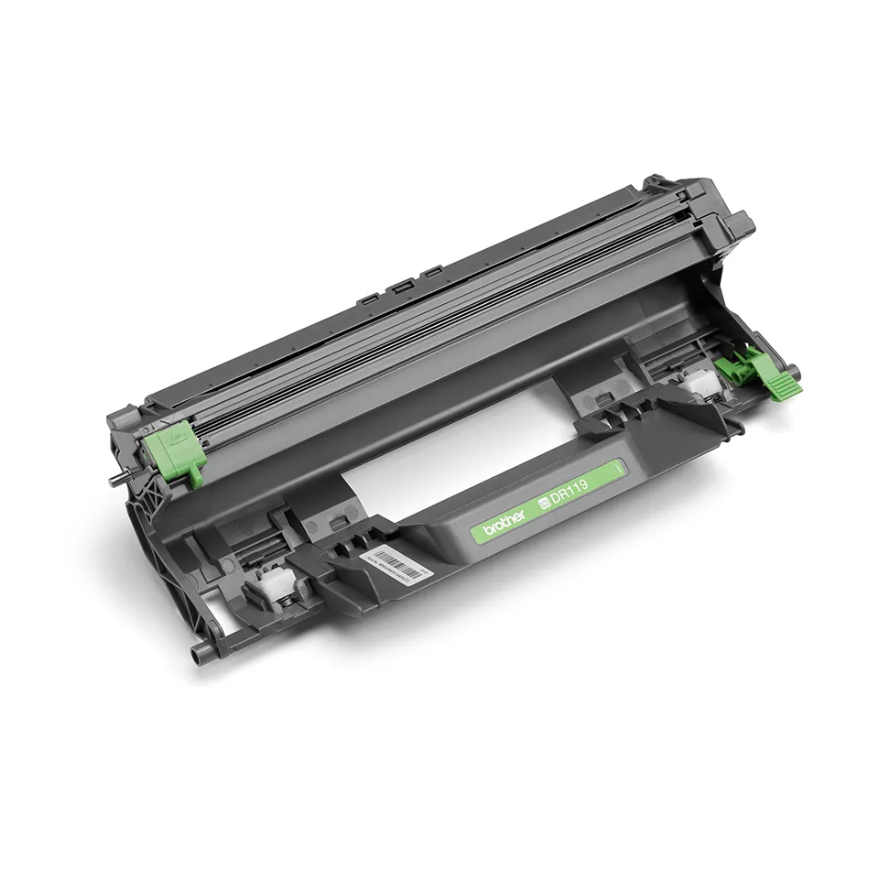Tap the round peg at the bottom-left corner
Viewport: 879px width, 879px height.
coord(197,654)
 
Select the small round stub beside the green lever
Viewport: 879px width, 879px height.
coord(793,371)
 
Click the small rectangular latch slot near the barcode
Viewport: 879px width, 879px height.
coord(335,522)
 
